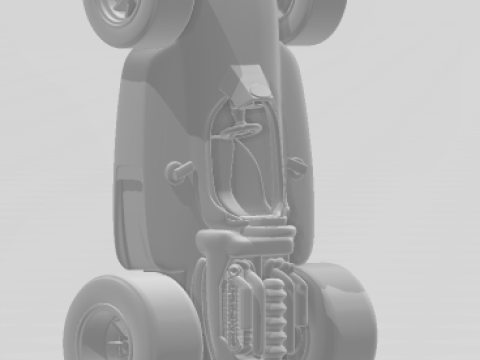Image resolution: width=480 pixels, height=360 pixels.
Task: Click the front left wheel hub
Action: click(119, 9)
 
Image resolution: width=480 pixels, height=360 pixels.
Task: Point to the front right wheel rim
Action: click(290, 8)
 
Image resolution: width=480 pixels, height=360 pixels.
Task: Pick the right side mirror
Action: click(297, 166)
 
